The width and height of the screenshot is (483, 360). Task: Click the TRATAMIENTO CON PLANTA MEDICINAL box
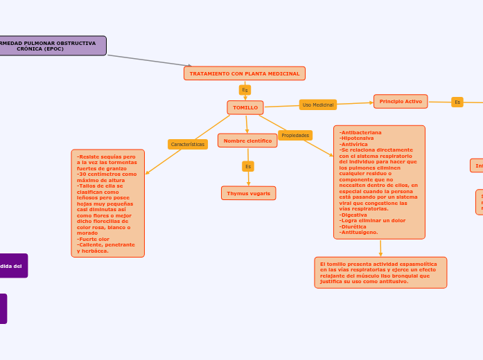(245, 73)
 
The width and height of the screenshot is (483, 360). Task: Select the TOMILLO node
(245, 107)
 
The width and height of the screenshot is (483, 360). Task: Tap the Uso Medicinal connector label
(318, 105)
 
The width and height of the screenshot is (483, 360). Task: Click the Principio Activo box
(401, 102)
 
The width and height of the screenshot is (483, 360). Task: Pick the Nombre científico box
(247, 141)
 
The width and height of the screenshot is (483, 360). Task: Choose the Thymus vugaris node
(248, 193)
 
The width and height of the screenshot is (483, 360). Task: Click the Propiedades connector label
(295, 135)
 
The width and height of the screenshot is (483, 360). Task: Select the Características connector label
(188, 144)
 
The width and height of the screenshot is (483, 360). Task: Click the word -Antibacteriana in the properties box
(360, 132)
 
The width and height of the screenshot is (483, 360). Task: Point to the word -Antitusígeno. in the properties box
(359, 232)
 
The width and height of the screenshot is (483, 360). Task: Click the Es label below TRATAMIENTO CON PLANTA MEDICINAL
(245, 90)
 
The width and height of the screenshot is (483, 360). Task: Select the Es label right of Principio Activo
(457, 102)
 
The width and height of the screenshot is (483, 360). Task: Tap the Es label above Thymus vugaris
(248, 166)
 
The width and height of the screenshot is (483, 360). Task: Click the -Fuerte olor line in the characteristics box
(94, 239)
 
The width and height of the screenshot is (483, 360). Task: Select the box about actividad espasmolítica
(380, 272)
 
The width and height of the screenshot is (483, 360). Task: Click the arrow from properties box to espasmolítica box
(380, 248)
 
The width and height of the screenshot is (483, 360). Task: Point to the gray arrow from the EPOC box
(149, 60)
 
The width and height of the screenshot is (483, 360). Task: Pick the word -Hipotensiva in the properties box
(357, 138)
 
